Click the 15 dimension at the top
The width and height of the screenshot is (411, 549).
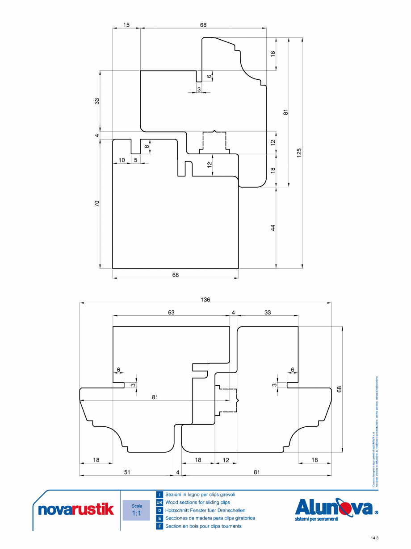pos(126,25)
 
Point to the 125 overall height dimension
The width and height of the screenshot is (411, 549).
pos(299,153)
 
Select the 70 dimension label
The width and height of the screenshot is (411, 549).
pos(97,204)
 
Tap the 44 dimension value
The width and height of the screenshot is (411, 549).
pos(273,227)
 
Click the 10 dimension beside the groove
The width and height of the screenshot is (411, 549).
pos(122,160)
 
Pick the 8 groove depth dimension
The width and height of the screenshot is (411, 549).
pos(147,146)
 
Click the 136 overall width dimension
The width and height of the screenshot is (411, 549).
pos(205,300)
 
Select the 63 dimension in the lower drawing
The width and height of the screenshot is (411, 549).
pos(171,313)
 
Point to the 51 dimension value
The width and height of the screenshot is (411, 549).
pos(127,472)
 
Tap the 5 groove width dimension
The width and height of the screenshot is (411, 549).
pos(136,160)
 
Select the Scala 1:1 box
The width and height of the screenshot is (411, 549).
pos(136,510)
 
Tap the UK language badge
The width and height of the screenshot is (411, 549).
pos(159,503)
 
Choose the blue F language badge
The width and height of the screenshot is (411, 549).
pos(159,526)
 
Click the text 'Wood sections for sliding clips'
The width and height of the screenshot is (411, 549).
pos(197,503)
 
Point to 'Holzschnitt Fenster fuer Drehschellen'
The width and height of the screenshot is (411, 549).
pos(205,511)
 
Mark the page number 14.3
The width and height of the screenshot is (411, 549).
pos(374,538)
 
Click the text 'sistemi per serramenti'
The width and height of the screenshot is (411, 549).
pos(317,519)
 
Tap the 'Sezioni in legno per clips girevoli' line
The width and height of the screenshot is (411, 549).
pos(200,495)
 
